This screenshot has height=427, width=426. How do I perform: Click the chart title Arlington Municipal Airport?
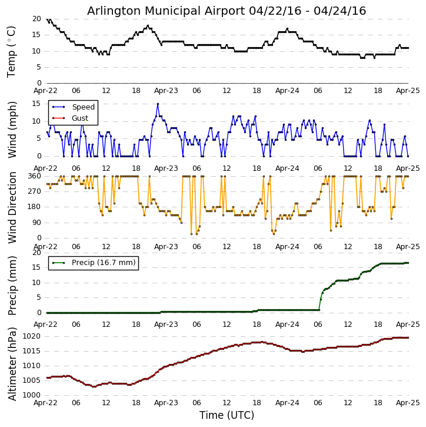point(227,11)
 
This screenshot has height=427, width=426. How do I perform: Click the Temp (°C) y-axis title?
point(12,51)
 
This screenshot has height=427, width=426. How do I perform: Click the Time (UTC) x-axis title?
point(227,415)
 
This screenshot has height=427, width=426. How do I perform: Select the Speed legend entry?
point(83,107)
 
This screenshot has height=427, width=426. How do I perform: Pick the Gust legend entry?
point(79,118)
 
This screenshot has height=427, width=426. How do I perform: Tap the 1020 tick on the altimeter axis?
point(32,336)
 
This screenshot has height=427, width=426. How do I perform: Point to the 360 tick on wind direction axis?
point(34,176)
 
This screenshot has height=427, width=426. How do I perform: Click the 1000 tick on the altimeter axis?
point(32,395)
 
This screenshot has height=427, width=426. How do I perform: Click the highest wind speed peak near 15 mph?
point(158,104)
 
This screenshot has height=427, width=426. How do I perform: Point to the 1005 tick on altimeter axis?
point(32,380)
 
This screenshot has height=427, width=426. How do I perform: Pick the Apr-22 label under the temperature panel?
point(46,91)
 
